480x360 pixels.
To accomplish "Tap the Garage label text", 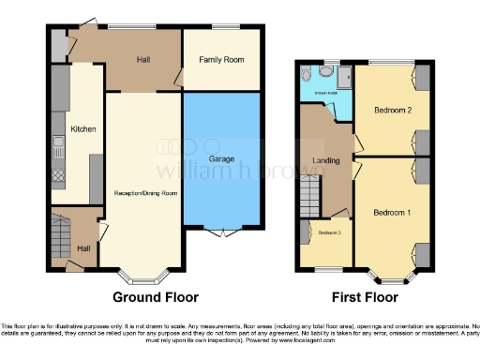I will (x=221, y=159).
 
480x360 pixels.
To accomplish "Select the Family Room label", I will (x=221, y=60).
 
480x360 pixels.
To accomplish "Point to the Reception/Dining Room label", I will (x=145, y=193).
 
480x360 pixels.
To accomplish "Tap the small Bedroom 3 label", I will (x=329, y=232).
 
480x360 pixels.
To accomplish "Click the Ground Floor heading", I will (x=156, y=298).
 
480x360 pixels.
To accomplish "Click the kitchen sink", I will (x=58, y=145).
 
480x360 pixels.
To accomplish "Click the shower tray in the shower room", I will (x=343, y=78).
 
